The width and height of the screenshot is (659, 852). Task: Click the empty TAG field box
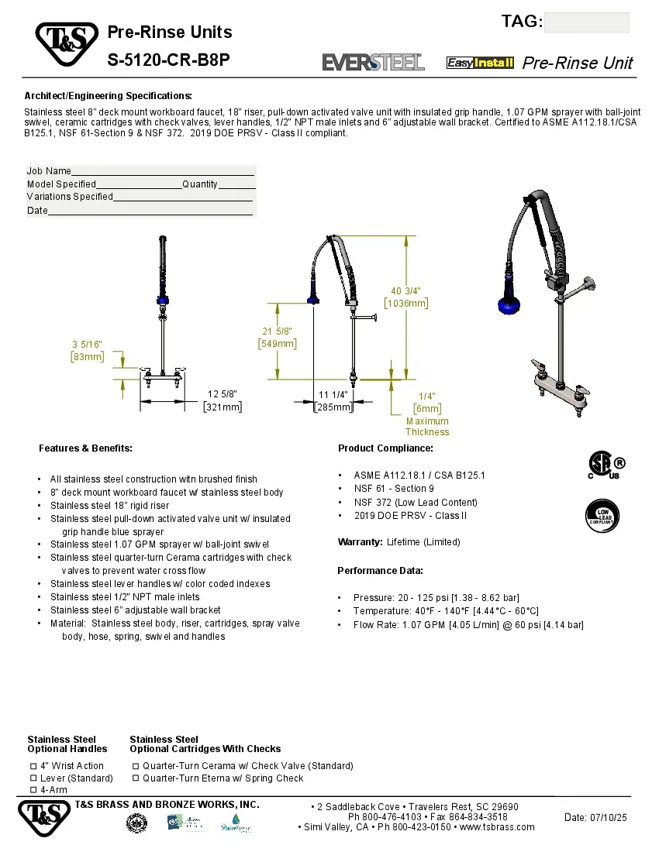(586, 22)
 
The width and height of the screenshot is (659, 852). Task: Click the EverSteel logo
(373, 62)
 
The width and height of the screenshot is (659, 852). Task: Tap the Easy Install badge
(480, 63)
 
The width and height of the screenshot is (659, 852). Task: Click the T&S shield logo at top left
(66, 45)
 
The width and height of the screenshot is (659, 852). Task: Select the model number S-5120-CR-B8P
(169, 59)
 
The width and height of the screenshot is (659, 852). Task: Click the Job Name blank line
(163, 171)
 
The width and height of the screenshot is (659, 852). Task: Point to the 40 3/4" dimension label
(406, 297)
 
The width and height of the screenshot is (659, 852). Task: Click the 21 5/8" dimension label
(277, 338)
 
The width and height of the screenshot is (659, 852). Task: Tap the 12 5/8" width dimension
(223, 400)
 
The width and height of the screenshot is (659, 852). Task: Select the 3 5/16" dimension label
(87, 350)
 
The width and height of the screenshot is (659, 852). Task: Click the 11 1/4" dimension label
(333, 400)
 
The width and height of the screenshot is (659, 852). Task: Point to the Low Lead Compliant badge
(602, 516)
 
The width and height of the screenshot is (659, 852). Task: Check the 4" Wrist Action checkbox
(33, 765)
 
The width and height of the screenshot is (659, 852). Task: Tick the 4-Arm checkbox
(33, 789)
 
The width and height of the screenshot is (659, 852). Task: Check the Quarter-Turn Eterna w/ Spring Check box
(136, 778)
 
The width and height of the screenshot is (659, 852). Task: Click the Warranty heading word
(361, 541)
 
